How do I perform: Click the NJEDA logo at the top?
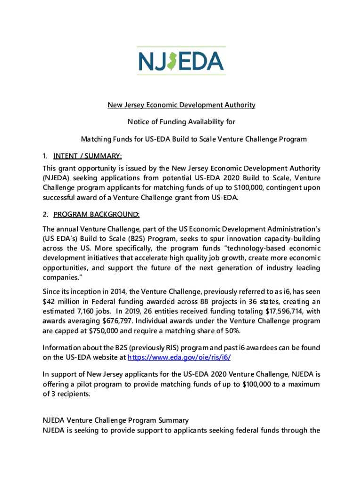(x=181, y=61)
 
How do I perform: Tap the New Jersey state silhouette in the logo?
(x=173, y=61)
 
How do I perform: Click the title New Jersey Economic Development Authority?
(x=181, y=105)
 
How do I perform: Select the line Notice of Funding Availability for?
(x=181, y=122)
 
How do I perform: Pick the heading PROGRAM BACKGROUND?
(x=96, y=215)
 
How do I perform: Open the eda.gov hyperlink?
(x=180, y=357)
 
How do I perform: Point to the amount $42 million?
(x=60, y=301)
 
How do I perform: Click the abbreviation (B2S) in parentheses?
(x=137, y=238)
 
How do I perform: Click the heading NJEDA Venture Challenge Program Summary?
(x=116, y=420)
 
